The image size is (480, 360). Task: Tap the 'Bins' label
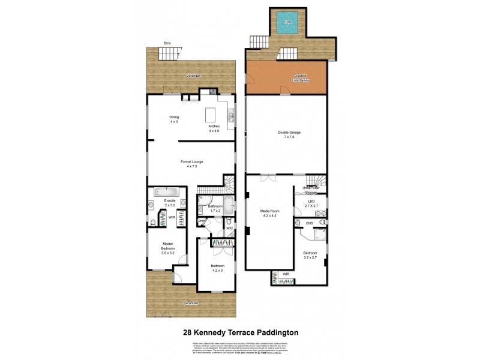click(168, 43)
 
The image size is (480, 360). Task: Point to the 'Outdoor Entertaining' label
click(301, 77)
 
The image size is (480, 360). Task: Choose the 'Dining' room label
click(174, 119)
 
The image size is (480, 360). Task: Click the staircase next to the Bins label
click(169, 55)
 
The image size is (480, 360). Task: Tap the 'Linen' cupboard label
click(203, 221)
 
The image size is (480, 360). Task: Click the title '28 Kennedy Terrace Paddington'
click(240, 331)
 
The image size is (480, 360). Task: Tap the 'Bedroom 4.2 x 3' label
click(217, 268)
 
